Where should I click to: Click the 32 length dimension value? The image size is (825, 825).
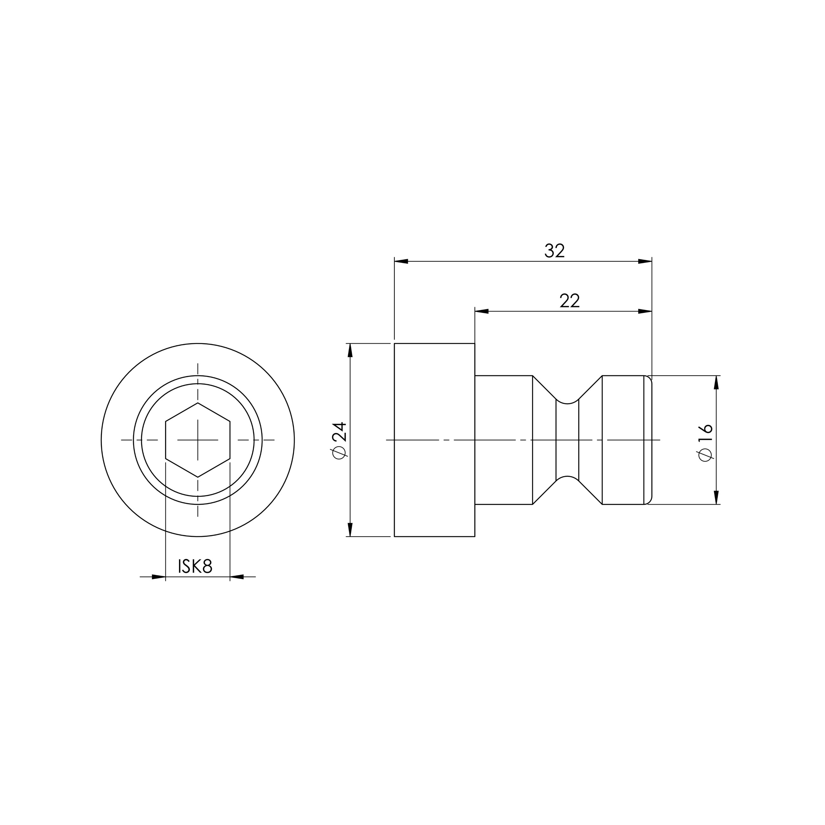pyautogui.click(x=555, y=251)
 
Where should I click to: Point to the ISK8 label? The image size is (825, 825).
pyautogui.click(x=195, y=566)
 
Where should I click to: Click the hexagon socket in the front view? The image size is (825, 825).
pyautogui.click(x=198, y=440)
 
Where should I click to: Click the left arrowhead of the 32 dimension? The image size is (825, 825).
pyautogui.click(x=401, y=261)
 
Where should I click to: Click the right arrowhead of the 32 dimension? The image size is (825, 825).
pyautogui.click(x=645, y=261)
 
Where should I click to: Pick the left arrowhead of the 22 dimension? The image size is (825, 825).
pyautogui.click(x=482, y=311)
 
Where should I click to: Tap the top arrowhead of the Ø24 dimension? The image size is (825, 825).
pyautogui.click(x=350, y=350)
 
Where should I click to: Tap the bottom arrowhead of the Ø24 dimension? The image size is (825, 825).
pyautogui.click(x=350, y=530)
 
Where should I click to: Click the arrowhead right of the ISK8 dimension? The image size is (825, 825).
pyautogui.click(x=237, y=577)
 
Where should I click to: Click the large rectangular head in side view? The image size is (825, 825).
pyautogui.click(x=434, y=440)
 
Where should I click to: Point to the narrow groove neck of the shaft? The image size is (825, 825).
pyautogui.click(x=567, y=440)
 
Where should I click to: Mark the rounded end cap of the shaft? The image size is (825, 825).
pyautogui.click(x=648, y=440)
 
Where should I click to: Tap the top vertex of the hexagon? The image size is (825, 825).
pyautogui.click(x=198, y=403)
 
